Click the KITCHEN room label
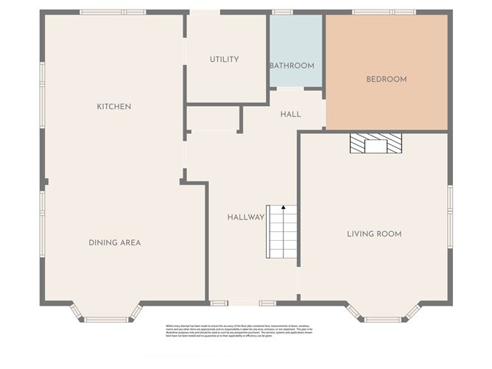(x=114, y=107)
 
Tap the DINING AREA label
(x=114, y=242)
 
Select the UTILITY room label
(x=224, y=60)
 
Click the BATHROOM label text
(x=292, y=66)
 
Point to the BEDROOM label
(x=387, y=79)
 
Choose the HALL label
(x=290, y=114)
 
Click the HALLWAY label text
(x=245, y=217)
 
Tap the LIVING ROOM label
(x=374, y=234)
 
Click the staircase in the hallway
(x=281, y=232)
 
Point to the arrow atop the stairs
(x=283, y=209)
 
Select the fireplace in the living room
(x=376, y=143)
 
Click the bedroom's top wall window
(x=383, y=13)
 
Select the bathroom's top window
(x=282, y=13)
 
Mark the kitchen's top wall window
(x=113, y=13)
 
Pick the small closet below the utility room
(x=213, y=119)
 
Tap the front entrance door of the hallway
(x=243, y=303)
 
